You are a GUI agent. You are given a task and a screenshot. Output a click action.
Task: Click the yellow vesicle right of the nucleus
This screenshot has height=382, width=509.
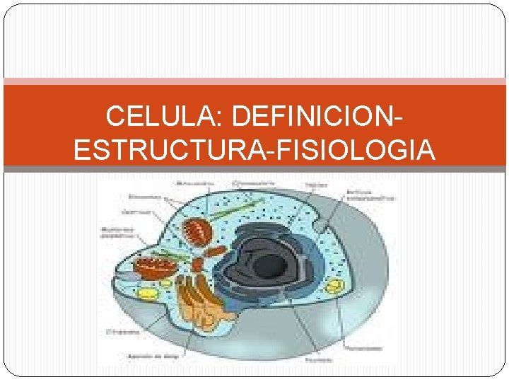[334, 286]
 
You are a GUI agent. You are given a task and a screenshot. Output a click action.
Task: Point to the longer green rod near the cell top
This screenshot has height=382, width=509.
[230, 210]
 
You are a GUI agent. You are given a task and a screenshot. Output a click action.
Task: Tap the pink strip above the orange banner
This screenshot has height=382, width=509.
[255, 81]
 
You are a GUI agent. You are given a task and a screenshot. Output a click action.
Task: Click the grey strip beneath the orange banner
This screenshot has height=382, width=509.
[255, 169]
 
